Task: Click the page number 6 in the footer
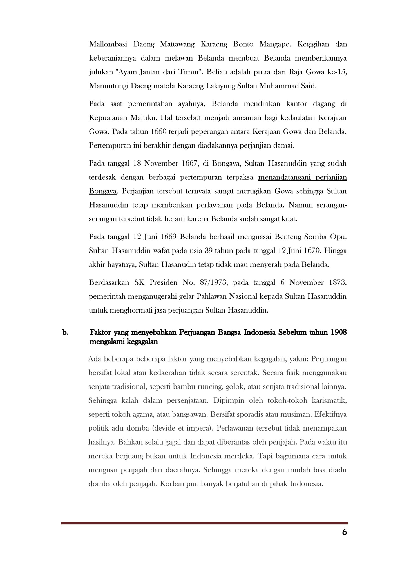344,532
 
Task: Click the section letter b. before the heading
66,333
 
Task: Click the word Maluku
143,118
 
